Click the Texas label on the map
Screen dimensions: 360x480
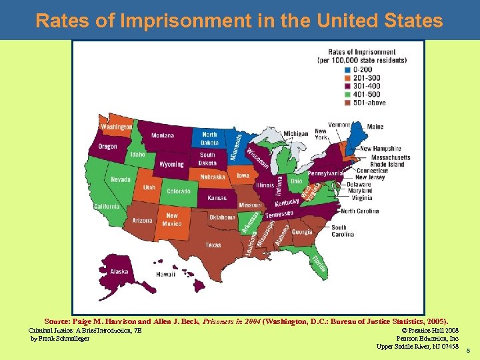tap(213, 245)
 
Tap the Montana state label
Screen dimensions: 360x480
tap(162, 135)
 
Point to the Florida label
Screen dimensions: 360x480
tap(319, 265)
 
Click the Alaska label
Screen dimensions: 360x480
tap(119, 271)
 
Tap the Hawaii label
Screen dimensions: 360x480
tap(165, 274)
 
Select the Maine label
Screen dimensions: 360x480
tap(375, 127)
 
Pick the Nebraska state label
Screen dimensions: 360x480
tap(213, 177)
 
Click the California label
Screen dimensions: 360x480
tap(107, 207)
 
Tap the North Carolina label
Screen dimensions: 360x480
tap(359, 211)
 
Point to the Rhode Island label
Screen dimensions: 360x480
tap(387, 164)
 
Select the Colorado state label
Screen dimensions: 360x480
tap(178, 191)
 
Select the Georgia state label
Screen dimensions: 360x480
tap(302, 232)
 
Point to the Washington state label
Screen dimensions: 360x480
tap(117, 127)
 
